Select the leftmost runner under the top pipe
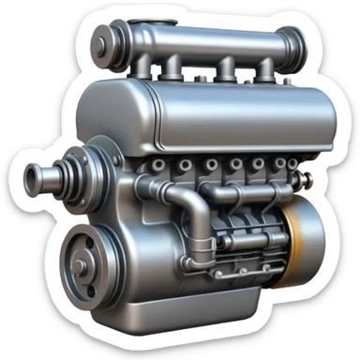pos(140,67)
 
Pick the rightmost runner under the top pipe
pos(266,69)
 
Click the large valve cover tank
pos(216,117)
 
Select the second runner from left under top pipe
pos(172,67)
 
